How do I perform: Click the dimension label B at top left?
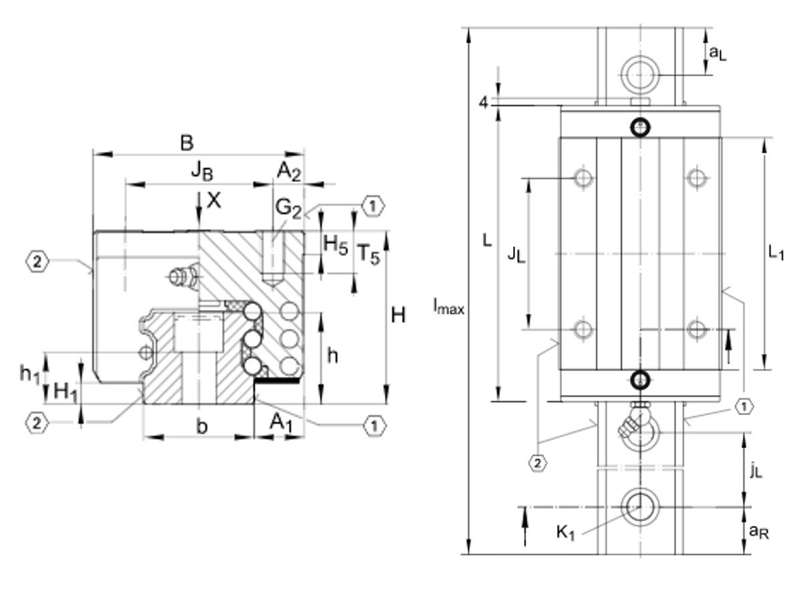point(187,143)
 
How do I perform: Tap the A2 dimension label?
point(289,171)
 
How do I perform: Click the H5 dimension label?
point(335,244)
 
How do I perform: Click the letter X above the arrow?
point(213,199)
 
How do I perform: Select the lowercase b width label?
point(201,426)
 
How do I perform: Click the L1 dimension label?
point(775,253)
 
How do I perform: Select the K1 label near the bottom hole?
point(565,533)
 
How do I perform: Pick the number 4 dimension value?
point(482,102)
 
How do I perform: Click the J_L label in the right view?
point(516,254)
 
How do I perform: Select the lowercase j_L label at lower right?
point(755,471)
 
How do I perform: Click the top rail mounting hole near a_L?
point(640,73)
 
